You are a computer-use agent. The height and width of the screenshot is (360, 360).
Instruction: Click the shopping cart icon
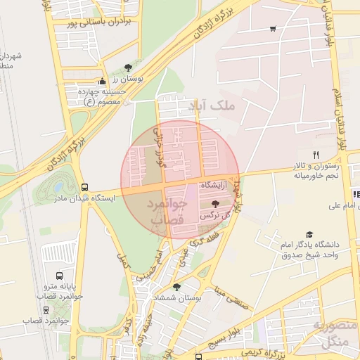(x=272, y=29)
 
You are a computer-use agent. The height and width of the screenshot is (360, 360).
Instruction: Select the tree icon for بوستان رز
(x=127, y=67)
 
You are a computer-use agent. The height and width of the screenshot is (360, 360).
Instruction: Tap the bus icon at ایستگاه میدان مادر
(x=84, y=187)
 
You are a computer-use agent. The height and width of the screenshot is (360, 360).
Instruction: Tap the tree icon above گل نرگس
(x=215, y=203)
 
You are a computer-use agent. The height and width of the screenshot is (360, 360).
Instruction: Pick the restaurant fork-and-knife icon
(x=316, y=155)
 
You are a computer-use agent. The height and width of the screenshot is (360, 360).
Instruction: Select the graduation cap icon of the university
(x=309, y=234)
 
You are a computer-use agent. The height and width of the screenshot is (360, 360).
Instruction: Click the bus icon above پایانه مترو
(x=59, y=276)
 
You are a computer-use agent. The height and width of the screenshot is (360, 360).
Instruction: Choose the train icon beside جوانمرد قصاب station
(x=59, y=320)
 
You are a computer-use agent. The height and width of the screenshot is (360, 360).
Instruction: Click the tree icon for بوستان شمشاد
(x=176, y=287)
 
